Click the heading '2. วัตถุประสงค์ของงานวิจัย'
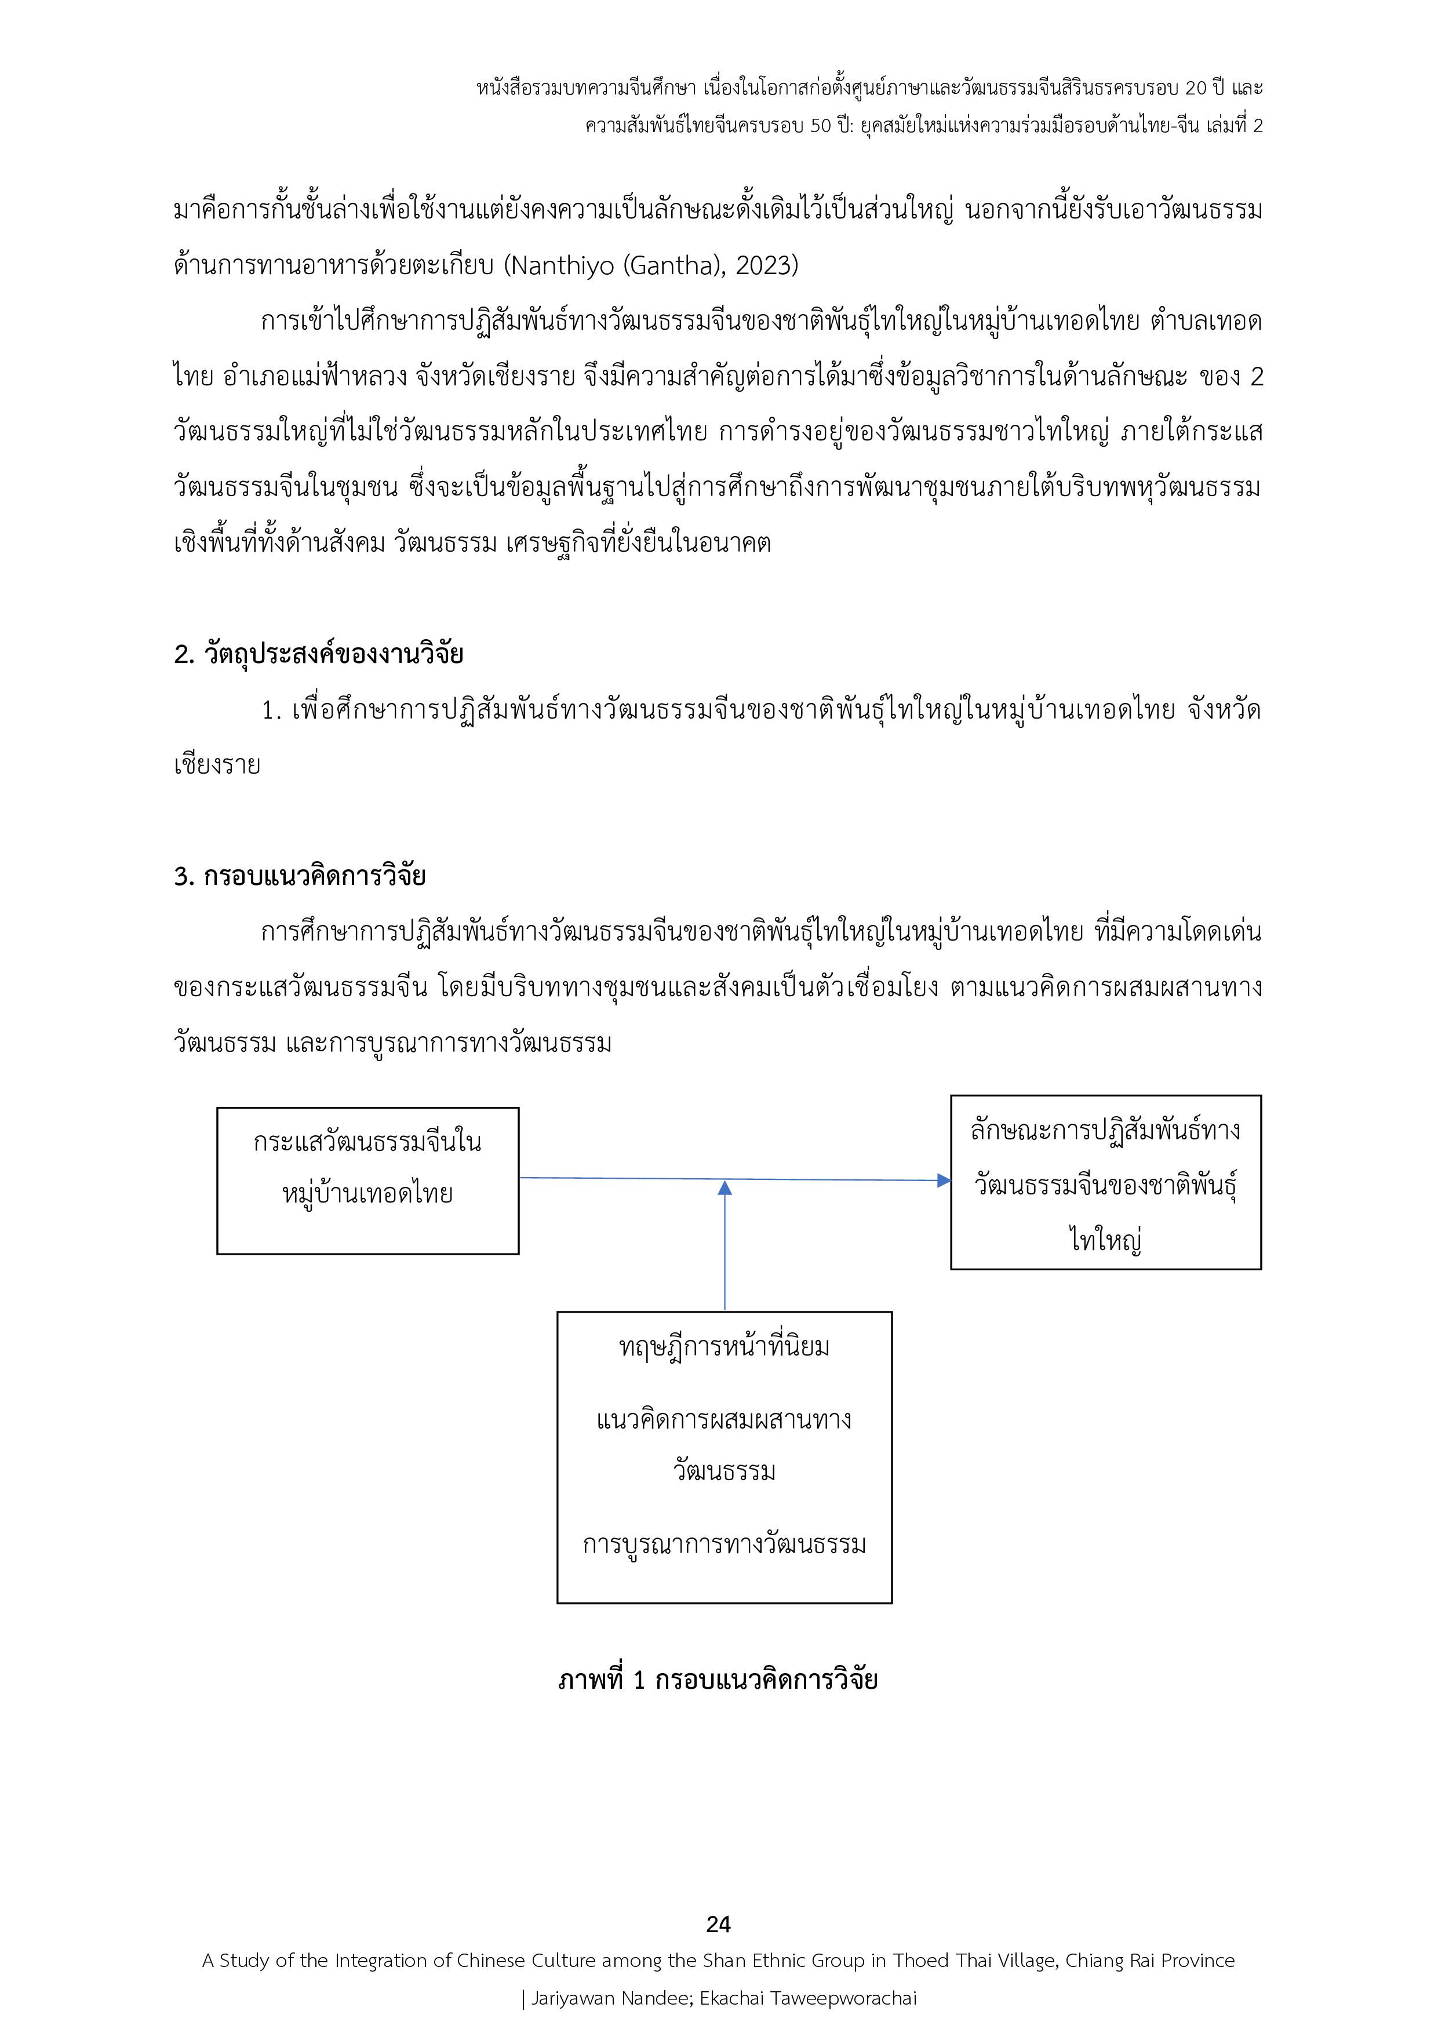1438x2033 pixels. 319,654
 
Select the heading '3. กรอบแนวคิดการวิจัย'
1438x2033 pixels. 299,876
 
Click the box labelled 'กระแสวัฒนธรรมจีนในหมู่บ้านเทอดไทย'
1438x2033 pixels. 367,1181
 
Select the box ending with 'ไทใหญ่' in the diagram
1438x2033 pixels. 1105,1182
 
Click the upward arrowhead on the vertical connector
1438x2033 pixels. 725,1188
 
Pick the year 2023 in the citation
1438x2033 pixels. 767,265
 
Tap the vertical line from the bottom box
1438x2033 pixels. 725,1258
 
